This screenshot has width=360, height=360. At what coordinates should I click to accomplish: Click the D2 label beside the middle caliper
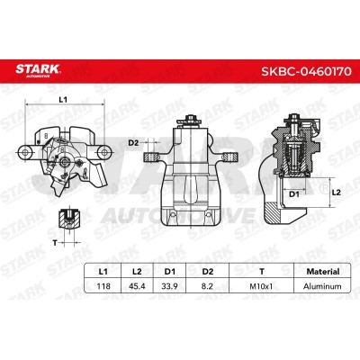132,142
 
